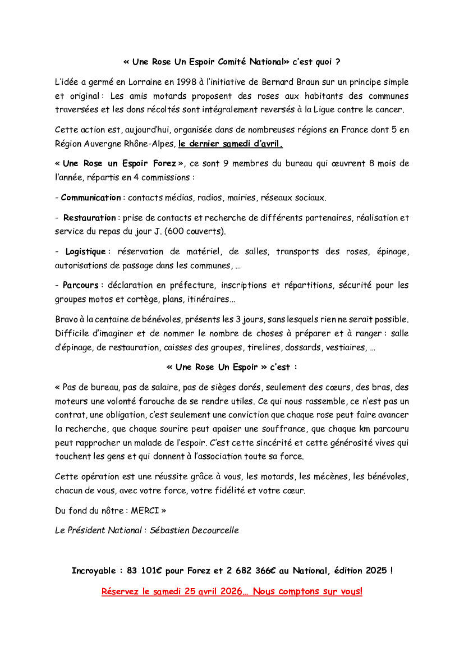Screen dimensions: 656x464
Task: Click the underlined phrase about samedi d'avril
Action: [231, 144]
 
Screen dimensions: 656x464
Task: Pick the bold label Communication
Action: [90, 198]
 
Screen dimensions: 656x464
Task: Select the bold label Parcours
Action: [80, 286]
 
